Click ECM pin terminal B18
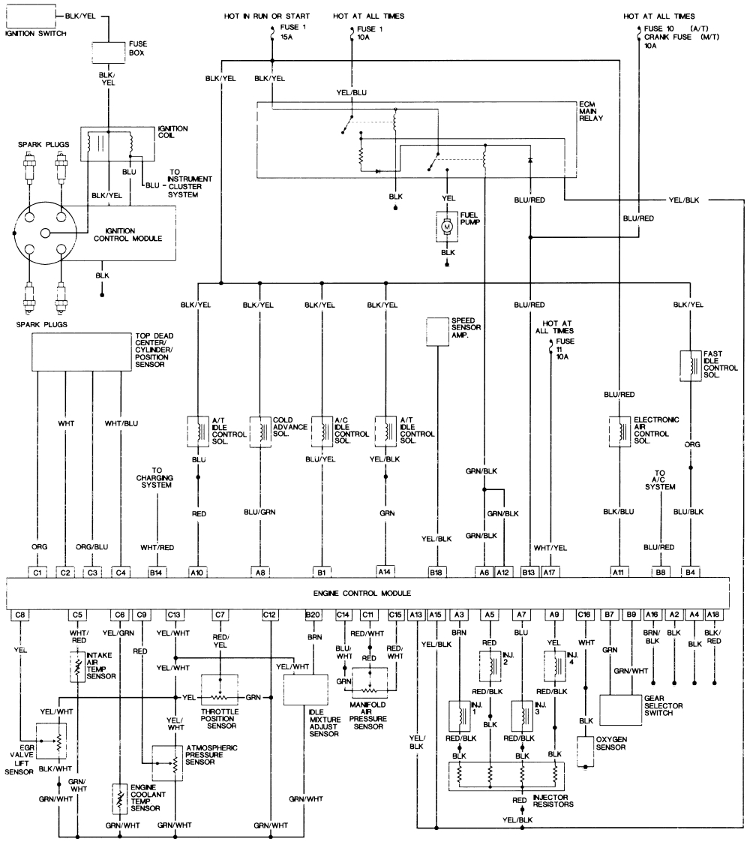point(436,572)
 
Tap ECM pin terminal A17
point(551,572)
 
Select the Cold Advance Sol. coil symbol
point(260,432)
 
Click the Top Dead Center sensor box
point(82,352)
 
